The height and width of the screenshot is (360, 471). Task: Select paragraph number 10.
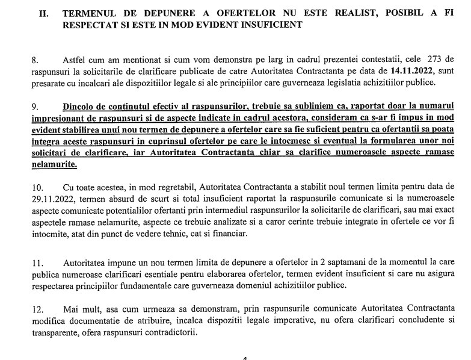(x=37, y=187)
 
